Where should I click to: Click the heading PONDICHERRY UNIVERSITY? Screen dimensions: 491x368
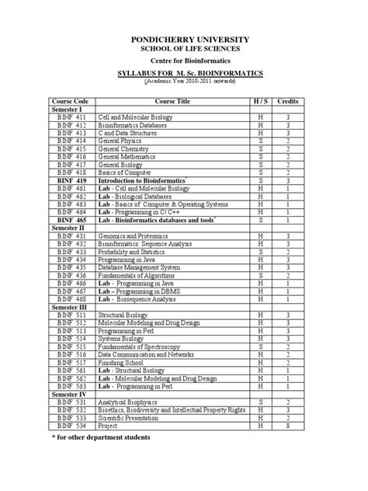click(184, 38)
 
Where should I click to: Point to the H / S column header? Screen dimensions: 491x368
click(262, 102)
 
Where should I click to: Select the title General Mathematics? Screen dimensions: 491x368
click(127, 156)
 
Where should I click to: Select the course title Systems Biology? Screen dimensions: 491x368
click(120, 339)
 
